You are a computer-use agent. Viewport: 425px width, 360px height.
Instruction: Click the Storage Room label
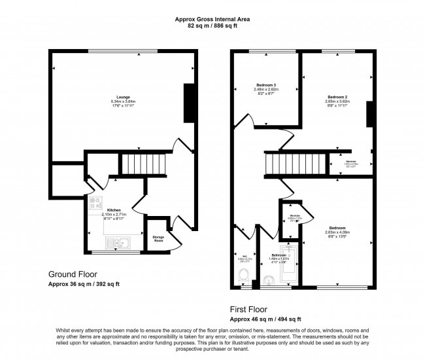click(158, 238)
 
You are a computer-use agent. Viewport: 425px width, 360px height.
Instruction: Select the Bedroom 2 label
click(337, 97)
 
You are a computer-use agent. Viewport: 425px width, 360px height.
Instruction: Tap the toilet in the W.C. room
click(244, 278)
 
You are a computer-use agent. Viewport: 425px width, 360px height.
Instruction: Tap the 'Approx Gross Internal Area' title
click(212, 19)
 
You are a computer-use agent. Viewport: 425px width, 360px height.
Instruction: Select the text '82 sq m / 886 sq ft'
click(212, 26)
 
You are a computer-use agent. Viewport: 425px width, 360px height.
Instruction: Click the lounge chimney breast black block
click(190, 103)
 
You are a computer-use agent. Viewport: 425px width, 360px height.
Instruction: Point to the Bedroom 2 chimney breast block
click(369, 116)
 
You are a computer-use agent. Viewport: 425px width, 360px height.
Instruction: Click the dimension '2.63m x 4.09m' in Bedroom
click(337, 232)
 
